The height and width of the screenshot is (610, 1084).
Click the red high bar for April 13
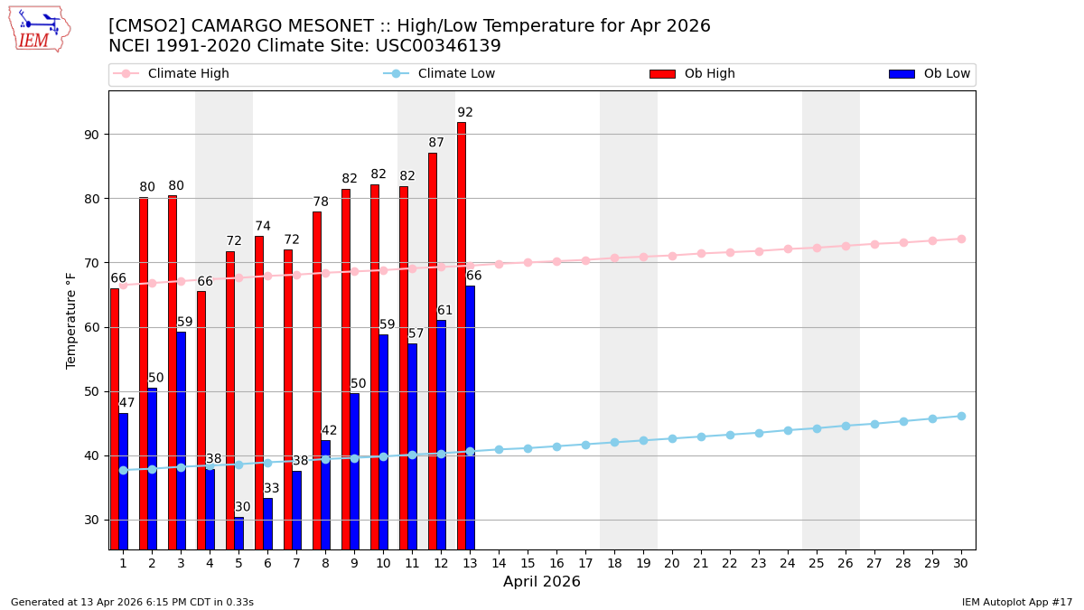coord(462,334)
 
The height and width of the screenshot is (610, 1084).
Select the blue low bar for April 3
coord(182,440)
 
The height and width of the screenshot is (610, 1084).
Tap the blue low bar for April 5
coord(239,533)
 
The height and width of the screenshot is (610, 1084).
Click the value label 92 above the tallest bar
coord(465,113)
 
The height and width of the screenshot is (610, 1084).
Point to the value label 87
coord(436,143)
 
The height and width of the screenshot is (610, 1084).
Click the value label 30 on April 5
coord(243,507)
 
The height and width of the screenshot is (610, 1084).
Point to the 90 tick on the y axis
coord(91,135)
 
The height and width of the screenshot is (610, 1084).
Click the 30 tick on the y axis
coord(91,520)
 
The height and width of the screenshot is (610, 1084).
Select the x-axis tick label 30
coord(961,563)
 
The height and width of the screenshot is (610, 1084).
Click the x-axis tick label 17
coord(585,563)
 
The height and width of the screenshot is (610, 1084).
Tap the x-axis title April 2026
coord(542,582)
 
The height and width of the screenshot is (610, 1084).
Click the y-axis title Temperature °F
coord(72,320)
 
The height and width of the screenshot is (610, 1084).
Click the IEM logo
coord(39,29)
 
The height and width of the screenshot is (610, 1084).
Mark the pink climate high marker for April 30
coord(961,239)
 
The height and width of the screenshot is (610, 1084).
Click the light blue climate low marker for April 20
coord(672,439)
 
